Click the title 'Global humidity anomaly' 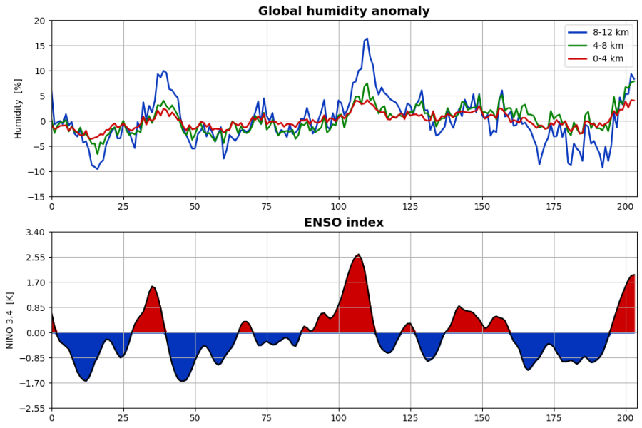[x=344, y=11]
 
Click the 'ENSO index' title [x=344, y=223]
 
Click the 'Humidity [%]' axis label [x=19, y=108]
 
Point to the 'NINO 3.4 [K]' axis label [x=10, y=320]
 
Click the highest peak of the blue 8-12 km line [x=367, y=39]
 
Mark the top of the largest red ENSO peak [x=358, y=254]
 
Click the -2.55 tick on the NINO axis [x=34, y=409]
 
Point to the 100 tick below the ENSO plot [x=339, y=419]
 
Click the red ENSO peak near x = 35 [x=152, y=286]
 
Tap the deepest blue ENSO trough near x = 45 [x=182, y=381]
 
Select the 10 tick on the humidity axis [x=39, y=71]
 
